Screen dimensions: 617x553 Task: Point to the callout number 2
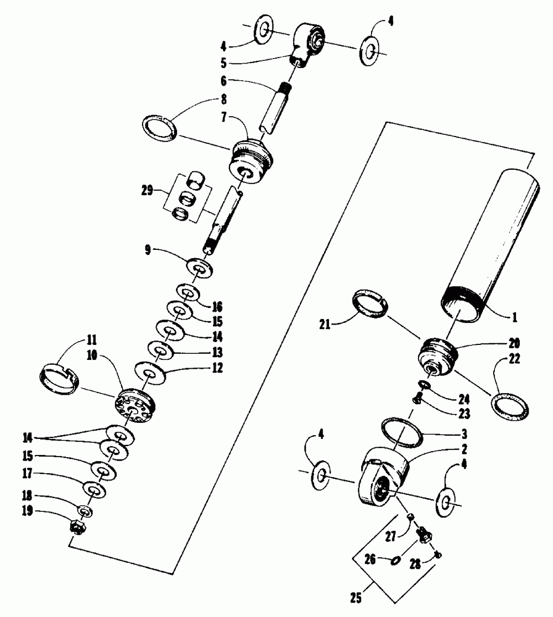466,449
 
